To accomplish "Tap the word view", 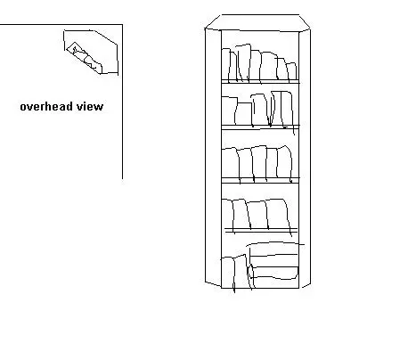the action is point(90,106).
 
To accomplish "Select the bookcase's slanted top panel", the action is point(257,22).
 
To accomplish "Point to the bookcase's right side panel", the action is point(305,158).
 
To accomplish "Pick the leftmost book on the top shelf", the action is point(225,65).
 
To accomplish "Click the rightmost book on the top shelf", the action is point(292,71).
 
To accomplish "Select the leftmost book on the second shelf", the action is point(229,110).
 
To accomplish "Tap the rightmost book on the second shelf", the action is point(287,109).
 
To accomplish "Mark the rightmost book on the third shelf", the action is point(284,163).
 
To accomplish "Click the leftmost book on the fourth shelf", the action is point(227,214).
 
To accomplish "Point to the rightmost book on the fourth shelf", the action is point(278,215).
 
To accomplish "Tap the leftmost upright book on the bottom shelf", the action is point(228,273).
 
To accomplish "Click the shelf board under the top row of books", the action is point(260,82).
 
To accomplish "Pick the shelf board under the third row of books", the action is point(260,180).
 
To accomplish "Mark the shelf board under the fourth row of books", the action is point(261,230).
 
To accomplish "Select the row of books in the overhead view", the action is point(85,58).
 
